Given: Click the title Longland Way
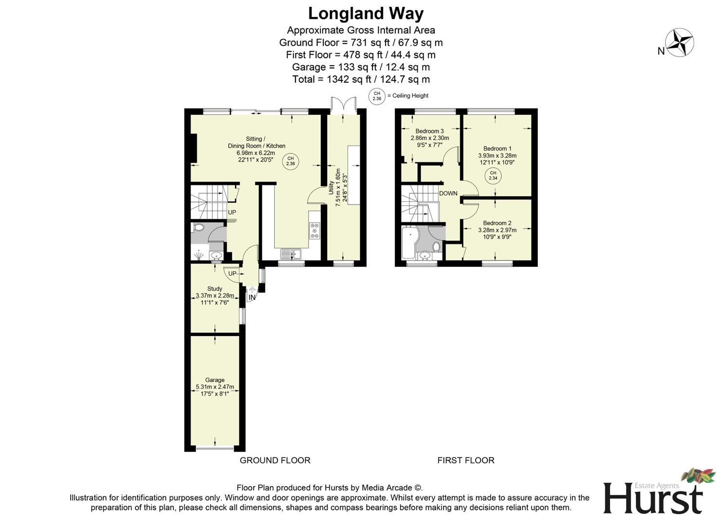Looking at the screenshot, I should [366, 14].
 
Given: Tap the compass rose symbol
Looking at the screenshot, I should [680, 42].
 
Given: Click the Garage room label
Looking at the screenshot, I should [215, 380].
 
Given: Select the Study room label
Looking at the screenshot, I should [215, 289].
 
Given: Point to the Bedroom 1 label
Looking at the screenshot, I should [497, 149].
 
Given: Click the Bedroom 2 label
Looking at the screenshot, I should [497, 223].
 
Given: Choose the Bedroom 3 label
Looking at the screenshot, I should [429, 131].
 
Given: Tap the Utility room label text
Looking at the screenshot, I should [331, 188].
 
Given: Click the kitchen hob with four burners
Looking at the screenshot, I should [315, 231].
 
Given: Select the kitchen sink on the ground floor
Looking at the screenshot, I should [291, 254].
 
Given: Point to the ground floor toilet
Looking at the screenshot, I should [198, 227].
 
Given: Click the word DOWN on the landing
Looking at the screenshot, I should [448, 193].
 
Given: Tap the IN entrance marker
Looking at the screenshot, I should [252, 298].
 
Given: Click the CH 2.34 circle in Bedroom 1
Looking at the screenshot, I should [493, 176].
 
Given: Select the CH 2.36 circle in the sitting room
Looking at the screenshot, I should [291, 161].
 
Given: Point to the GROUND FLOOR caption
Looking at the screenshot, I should [275, 460].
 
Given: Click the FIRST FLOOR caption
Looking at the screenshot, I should [466, 460].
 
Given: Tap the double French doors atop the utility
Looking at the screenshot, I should [343, 105].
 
